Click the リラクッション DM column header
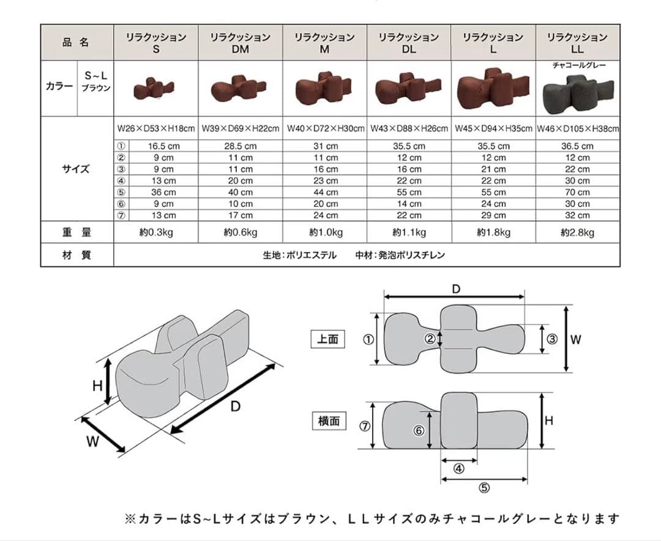tap(241, 43)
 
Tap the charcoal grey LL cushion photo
tap(578, 94)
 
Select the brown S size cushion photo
tap(154, 88)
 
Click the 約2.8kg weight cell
tap(578, 232)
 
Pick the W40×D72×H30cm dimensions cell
tap(325, 128)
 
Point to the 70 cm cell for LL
tap(578, 193)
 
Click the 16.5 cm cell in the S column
tap(163, 147)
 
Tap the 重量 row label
tap(77, 232)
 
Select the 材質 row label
tap(77, 255)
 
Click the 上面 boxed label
tap(327, 339)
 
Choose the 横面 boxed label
tap(329, 421)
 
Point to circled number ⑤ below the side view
tap(484, 488)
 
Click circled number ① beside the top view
tap(368, 339)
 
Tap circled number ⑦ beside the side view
tap(365, 426)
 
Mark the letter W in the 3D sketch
tap(92, 441)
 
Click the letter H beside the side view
tap(549, 421)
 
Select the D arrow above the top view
tap(454, 296)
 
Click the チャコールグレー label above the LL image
tap(579, 65)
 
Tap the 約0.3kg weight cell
tap(156, 232)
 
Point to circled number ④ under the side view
tap(458, 468)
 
